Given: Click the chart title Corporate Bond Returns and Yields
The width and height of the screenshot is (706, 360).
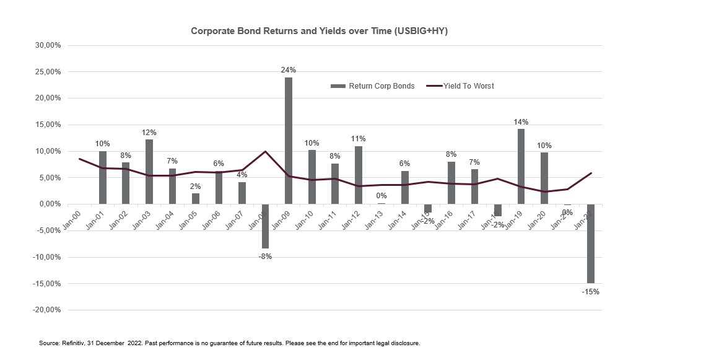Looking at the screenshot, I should coord(319,31).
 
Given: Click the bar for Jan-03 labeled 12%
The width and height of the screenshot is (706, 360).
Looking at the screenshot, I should coord(149,172).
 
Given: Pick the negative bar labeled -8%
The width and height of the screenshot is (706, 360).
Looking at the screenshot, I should coord(265,226).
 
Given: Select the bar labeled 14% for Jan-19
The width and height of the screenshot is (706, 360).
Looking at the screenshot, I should coord(521,166).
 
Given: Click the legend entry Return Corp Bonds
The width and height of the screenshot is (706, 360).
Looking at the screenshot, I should coord(373,86).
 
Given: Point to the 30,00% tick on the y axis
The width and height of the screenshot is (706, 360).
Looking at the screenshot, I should coord(47,45).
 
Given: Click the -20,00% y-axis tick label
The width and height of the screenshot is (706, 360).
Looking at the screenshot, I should coord(46,310).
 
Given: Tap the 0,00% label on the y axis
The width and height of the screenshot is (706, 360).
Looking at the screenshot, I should coord(49,204).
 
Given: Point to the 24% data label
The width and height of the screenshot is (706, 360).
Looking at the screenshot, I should coord(289,70).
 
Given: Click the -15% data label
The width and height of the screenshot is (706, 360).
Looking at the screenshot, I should coord(591,291).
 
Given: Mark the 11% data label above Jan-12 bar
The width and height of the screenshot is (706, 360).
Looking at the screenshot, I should coord(359,139).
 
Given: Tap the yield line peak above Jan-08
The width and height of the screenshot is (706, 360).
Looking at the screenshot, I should coord(265,151).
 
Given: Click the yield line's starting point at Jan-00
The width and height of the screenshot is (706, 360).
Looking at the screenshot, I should coord(79,159).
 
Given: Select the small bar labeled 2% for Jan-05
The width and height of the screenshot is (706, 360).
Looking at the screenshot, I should coord(196,198).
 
